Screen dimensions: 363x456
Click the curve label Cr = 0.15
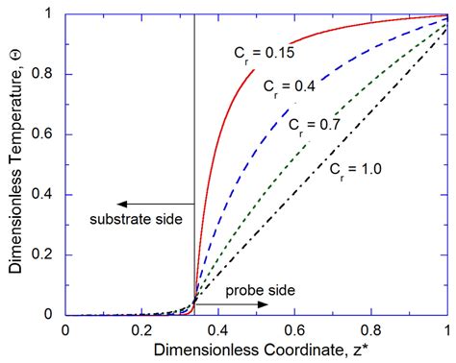tap(261, 52)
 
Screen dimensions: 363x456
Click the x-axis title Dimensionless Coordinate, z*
tap(255, 352)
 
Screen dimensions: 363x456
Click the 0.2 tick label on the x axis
tap(141, 329)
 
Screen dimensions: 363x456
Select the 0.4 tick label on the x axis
tap(218, 329)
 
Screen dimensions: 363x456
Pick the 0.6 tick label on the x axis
tap(295, 329)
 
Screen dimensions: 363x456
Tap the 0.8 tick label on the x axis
tap(371, 329)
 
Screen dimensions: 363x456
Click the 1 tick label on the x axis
tap(447, 329)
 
